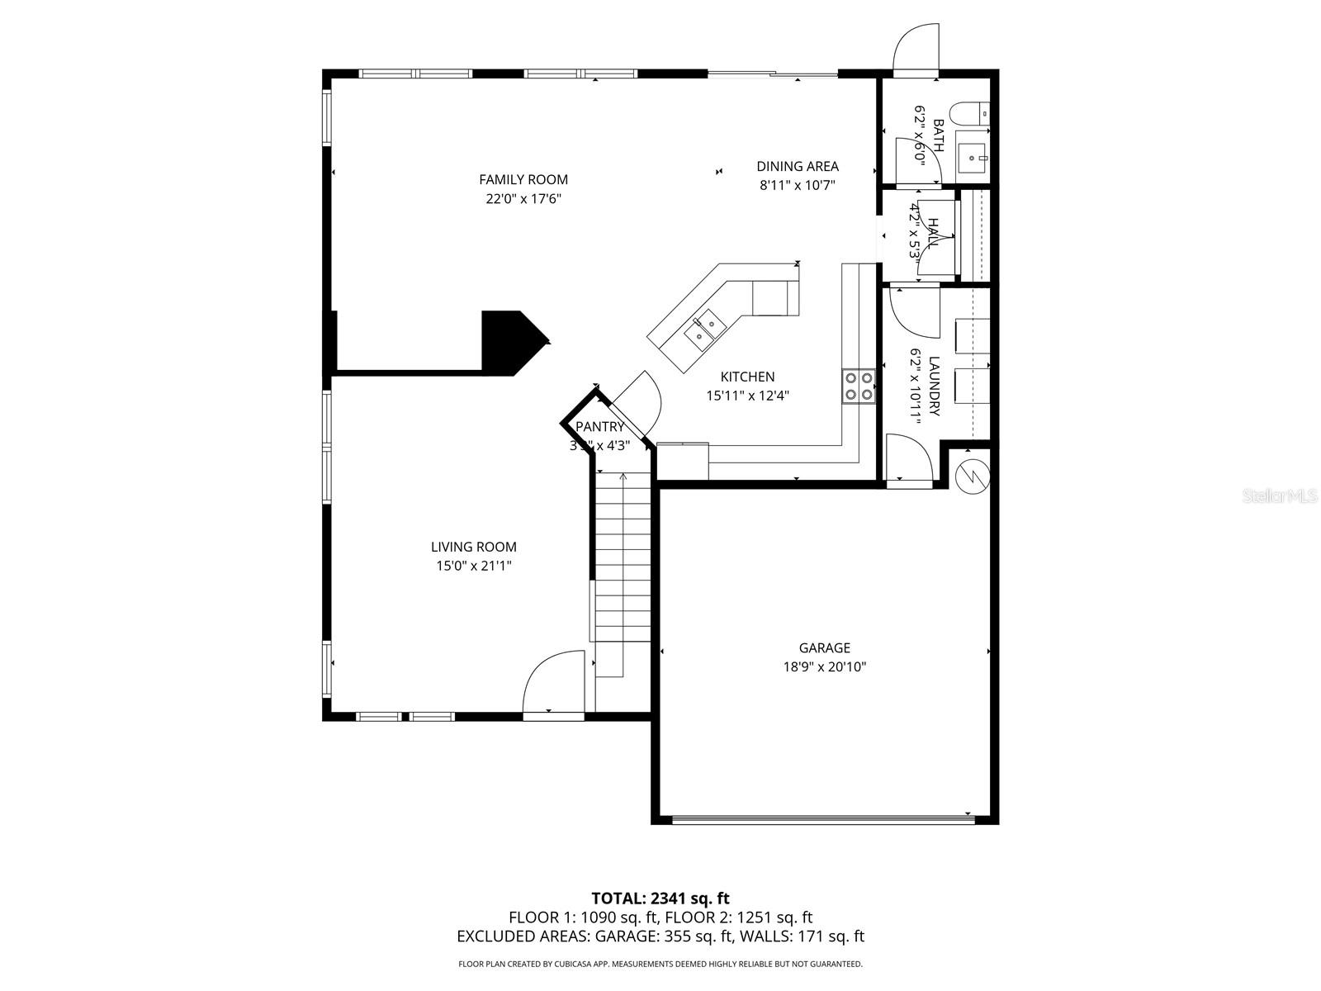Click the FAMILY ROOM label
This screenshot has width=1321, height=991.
click(523, 179)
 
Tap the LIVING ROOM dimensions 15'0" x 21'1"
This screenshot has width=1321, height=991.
click(474, 566)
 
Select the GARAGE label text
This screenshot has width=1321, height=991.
click(824, 648)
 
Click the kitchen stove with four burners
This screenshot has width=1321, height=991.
click(858, 386)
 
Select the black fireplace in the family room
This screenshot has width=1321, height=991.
click(508, 341)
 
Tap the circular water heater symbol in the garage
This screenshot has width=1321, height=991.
click(972, 476)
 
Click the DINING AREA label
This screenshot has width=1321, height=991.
click(798, 166)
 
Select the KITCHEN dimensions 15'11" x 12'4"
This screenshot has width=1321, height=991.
click(747, 396)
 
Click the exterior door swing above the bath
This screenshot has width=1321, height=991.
click(916, 50)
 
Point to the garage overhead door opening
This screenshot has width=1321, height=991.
click(823, 819)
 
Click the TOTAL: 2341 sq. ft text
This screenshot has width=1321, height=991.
click(660, 898)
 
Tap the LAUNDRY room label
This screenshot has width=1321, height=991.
click(935, 386)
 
